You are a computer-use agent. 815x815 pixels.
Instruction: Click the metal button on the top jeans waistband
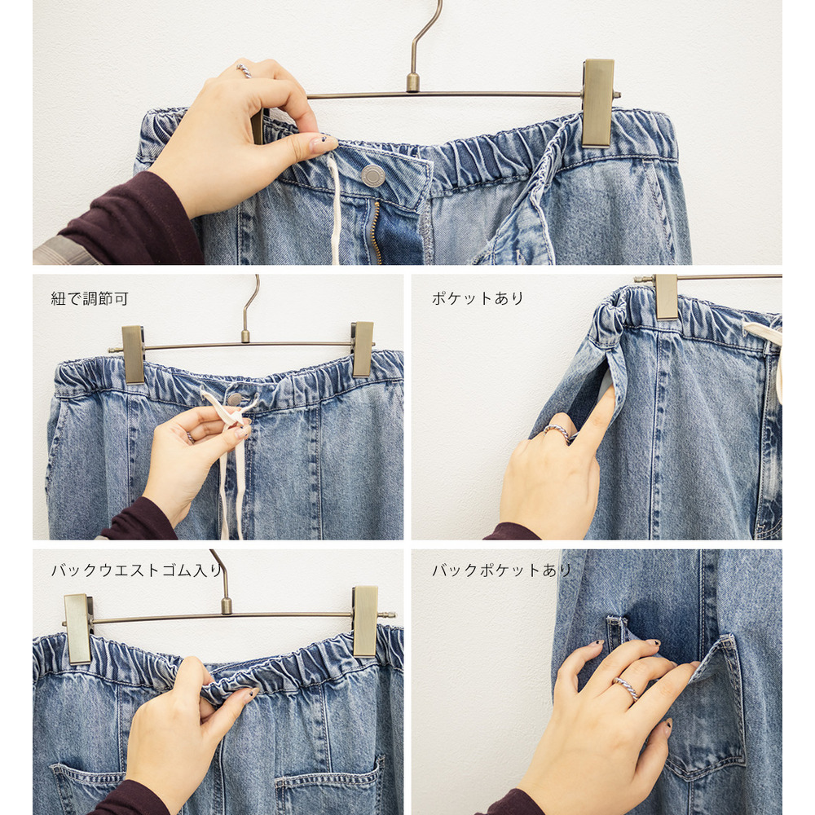(373, 176)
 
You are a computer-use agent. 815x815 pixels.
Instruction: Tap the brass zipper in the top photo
(377, 232)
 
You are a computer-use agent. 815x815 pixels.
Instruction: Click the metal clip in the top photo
(597, 103)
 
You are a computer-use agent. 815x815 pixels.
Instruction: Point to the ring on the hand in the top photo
(244, 70)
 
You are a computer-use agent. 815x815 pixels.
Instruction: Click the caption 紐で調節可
(90, 299)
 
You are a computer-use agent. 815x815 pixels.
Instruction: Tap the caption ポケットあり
(478, 298)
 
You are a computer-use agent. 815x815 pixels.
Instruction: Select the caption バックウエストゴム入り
(137, 570)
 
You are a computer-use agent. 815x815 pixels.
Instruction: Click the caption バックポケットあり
(501, 570)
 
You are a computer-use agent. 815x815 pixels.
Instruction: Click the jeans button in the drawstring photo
(235, 399)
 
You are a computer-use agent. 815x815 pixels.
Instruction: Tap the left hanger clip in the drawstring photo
(133, 355)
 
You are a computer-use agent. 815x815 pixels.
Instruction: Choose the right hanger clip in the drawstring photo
(363, 349)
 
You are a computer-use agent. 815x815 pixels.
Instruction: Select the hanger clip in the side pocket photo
(667, 297)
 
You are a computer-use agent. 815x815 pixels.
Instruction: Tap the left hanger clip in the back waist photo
(78, 629)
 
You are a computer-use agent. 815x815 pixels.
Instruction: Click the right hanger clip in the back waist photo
(365, 621)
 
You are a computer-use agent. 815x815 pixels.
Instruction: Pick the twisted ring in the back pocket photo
(626, 689)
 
